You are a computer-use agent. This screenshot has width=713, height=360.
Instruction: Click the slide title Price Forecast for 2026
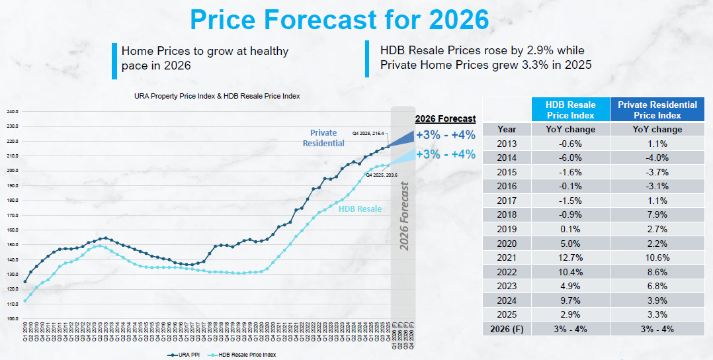tap(339, 20)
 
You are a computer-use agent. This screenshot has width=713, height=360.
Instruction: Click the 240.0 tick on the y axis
tap(13, 111)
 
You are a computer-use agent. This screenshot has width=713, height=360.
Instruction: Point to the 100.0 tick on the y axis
tap(13, 319)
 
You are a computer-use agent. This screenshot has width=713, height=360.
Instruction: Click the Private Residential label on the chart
tap(323, 138)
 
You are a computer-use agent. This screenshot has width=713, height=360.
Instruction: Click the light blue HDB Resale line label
tap(360, 208)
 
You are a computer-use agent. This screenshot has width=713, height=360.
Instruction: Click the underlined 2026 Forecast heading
tap(445, 119)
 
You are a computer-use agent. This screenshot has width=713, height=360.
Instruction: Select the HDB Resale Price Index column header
tap(570, 110)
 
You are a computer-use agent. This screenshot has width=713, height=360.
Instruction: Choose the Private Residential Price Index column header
tap(657, 110)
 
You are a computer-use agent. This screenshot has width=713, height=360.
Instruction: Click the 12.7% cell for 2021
tap(570, 257)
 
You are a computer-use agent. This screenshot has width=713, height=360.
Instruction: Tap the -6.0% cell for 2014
tap(570, 157)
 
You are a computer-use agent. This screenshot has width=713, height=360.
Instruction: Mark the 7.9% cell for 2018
tap(657, 214)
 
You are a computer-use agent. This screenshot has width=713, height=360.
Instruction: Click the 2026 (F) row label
tap(507, 329)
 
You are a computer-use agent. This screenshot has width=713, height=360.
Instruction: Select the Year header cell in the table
tap(507, 129)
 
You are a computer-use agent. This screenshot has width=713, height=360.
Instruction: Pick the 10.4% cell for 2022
tap(570, 271)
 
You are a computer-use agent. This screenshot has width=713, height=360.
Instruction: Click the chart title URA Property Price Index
tap(217, 96)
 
